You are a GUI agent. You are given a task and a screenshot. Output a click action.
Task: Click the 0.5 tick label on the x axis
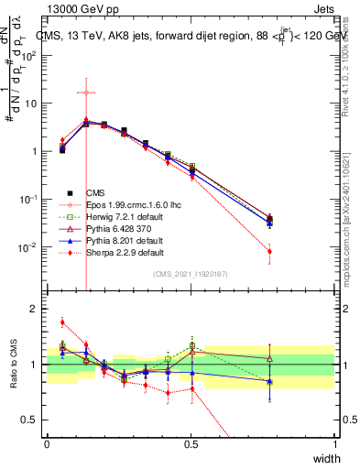(x=191, y=443)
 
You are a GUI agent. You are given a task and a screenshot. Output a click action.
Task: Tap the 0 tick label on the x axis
(x=47, y=443)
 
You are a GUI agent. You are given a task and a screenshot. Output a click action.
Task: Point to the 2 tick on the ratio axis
(x=38, y=309)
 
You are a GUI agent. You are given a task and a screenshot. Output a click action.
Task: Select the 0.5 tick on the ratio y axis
(x=34, y=420)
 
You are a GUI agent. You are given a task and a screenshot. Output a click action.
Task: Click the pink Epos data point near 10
(x=85, y=93)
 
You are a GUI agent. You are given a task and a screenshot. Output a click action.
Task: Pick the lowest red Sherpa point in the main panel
(x=269, y=251)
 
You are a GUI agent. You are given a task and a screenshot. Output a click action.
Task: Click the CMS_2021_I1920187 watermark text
(x=190, y=274)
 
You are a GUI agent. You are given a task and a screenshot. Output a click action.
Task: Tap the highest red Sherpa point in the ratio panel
(x=62, y=322)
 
